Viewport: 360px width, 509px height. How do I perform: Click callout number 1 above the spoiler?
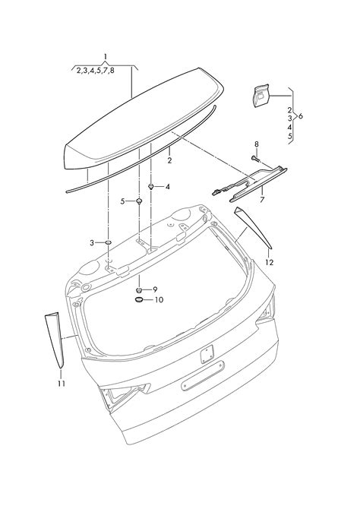tap(106, 57)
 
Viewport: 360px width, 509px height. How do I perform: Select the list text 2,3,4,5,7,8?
tap(96, 71)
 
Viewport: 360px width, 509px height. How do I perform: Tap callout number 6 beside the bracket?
tap(301, 116)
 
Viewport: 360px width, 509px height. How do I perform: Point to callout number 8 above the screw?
tap(257, 144)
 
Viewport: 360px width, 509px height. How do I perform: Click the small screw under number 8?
tap(254, 159)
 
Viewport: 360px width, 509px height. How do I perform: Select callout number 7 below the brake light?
tap(262, 200)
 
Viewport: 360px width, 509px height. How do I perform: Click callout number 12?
tap(270, 262)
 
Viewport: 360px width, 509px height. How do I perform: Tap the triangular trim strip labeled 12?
tap(253, 228)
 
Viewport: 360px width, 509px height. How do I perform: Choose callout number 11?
tap(62, 384)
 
